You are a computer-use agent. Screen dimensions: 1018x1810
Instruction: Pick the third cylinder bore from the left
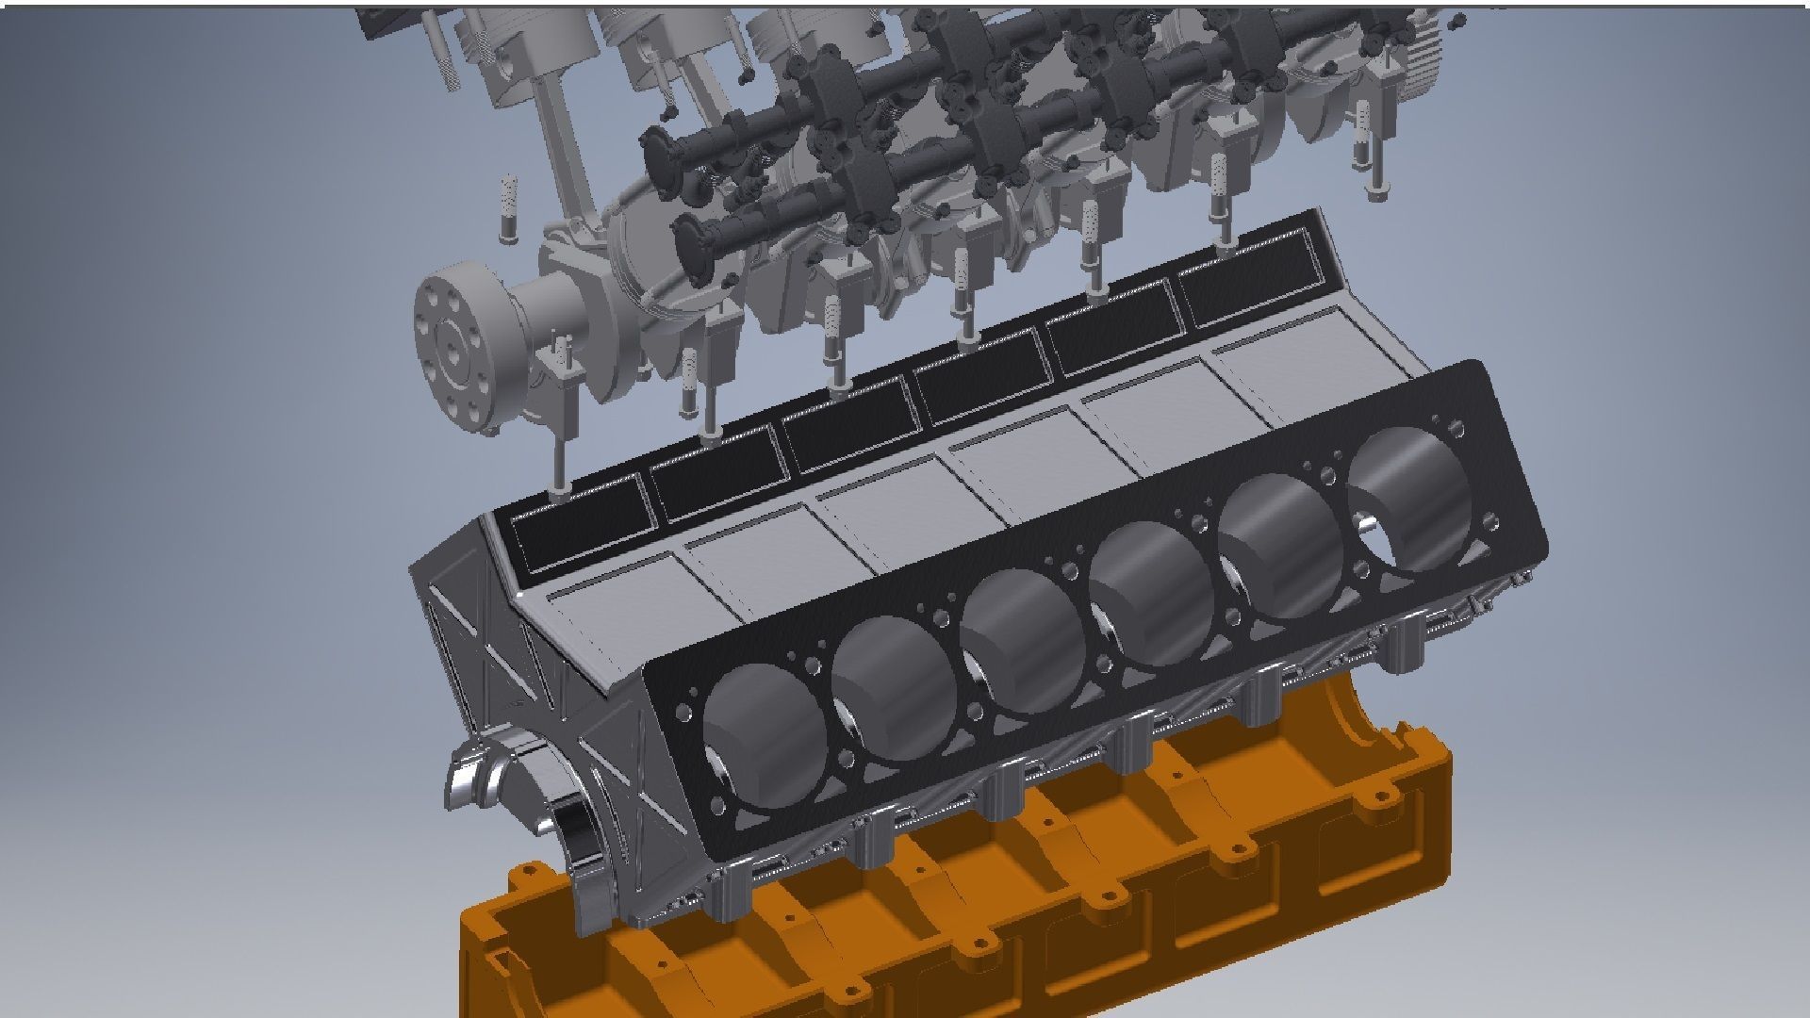tap(1023, 641)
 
